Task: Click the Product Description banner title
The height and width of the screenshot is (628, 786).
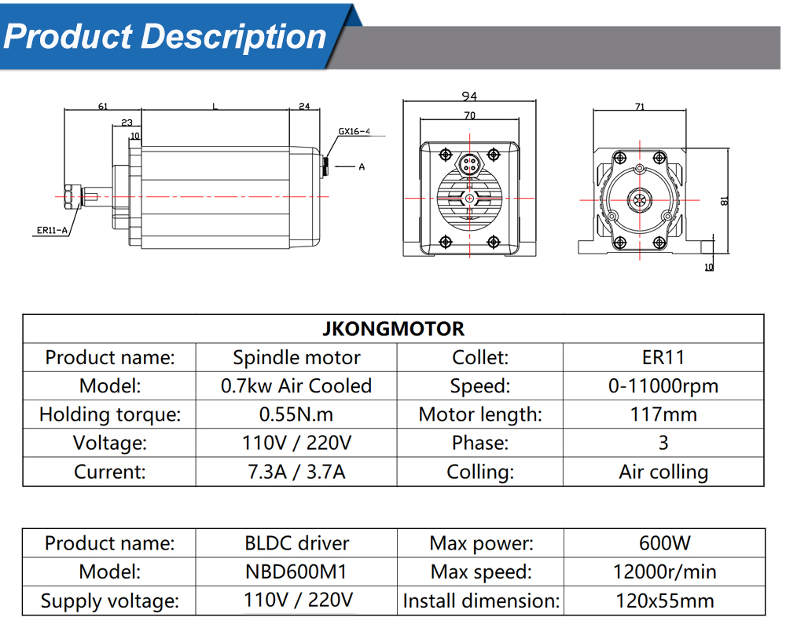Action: (164, 36)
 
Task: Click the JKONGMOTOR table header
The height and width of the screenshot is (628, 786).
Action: (393, 328)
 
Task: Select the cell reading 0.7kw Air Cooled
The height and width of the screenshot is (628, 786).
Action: (296, 385)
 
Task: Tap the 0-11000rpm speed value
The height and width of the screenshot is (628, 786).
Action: (663, 385)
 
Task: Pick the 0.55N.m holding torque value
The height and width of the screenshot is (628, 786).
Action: (296, 414)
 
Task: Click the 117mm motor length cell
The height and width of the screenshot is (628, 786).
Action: (663, 414)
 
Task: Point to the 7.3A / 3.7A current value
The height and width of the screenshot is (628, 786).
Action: (296, 472)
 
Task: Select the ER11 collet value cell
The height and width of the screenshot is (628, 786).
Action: (663, 357)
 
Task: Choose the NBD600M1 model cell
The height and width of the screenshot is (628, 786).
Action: (296, 571)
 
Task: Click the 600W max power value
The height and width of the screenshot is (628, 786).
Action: (663, 542)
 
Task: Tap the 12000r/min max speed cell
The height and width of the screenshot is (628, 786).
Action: (663, 571)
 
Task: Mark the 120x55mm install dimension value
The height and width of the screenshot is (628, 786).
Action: (663, 601)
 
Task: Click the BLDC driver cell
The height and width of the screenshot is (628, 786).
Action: (296, 542)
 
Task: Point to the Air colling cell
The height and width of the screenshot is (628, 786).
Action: (663, 472)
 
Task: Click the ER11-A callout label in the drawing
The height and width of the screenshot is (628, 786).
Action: (52, 230)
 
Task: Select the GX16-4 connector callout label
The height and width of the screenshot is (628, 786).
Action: (354, 132)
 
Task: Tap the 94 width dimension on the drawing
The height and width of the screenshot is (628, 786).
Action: (469, 97)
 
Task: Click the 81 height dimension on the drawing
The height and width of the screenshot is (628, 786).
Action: (725, 200)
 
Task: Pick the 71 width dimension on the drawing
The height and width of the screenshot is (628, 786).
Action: (640, 106)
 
